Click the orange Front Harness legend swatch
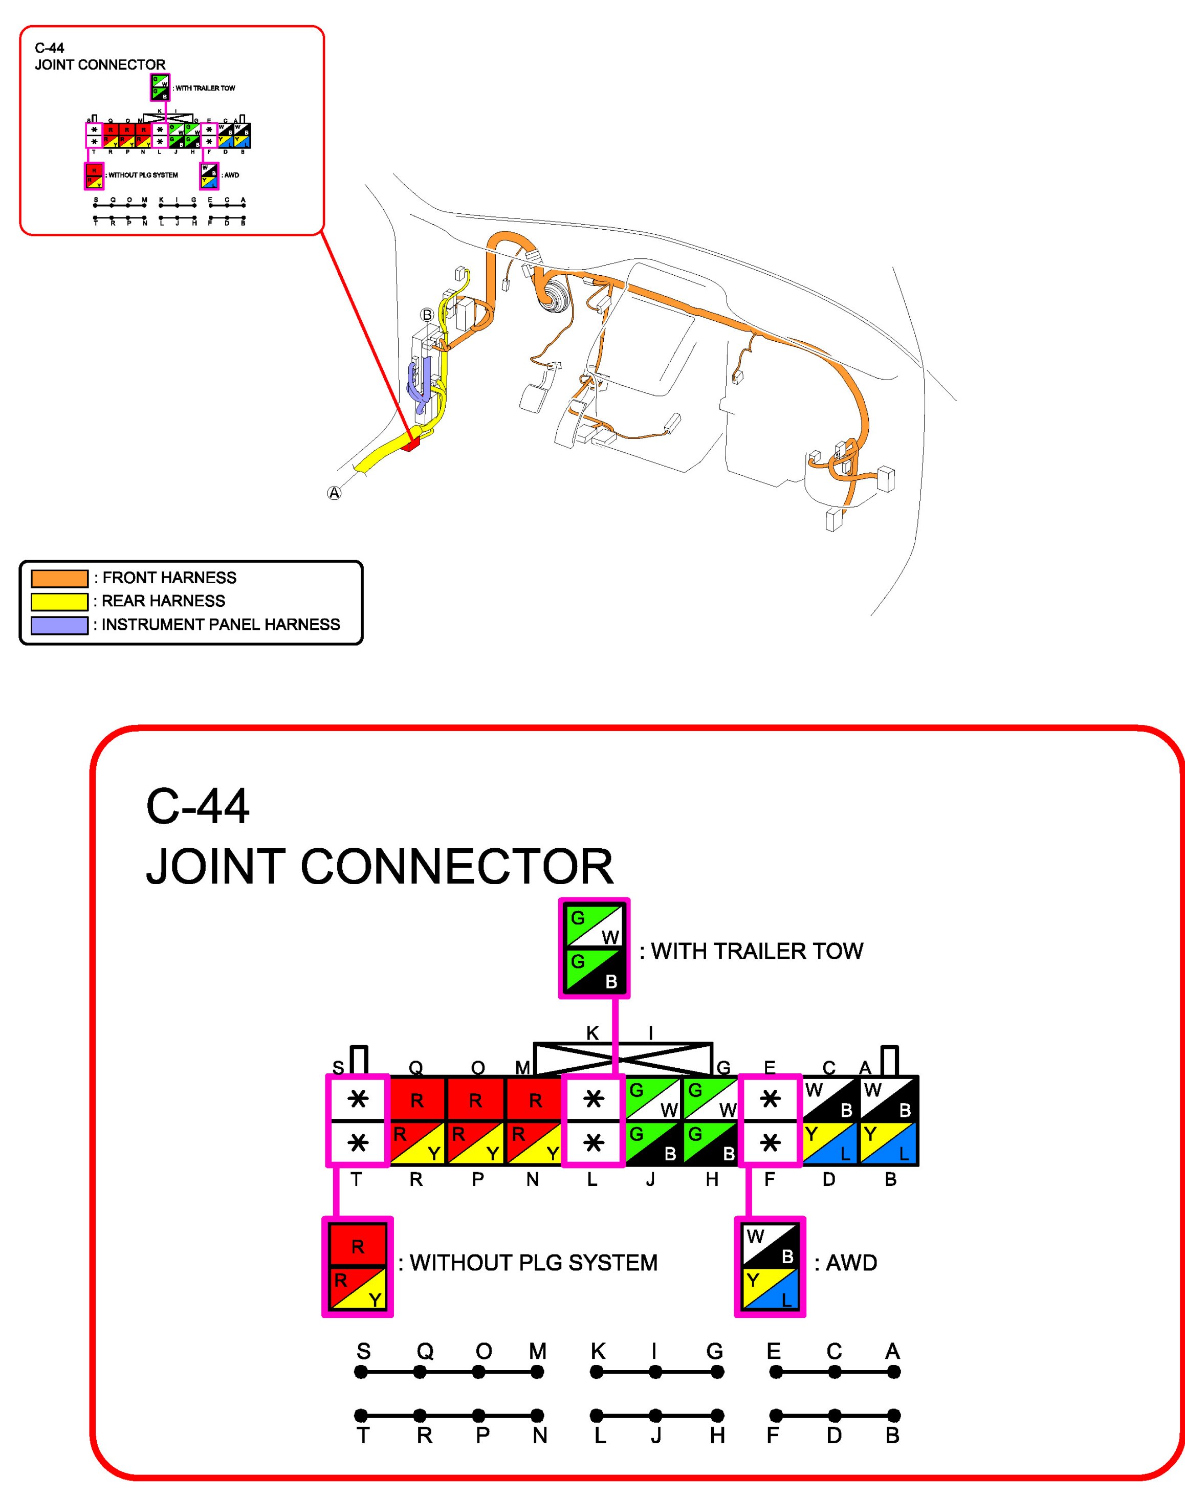(60, 578)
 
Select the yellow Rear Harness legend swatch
(60, 601)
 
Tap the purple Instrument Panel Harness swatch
(60, 625)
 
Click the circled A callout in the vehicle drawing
(335, 493)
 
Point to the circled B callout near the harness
(427, 315)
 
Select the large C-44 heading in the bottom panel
(198, 806)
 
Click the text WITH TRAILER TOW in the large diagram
(757, 951)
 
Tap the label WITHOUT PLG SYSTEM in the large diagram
(533, 1263)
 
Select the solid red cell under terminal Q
(417, 1099)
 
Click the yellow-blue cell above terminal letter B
(889, 1143)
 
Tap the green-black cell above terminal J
(653, 1143)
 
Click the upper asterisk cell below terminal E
(770, 1099)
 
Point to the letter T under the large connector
(356, 1180)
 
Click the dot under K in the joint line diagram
(597, 1372)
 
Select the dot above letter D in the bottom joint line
(835, 1416)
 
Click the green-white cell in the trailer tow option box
(594, 927)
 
